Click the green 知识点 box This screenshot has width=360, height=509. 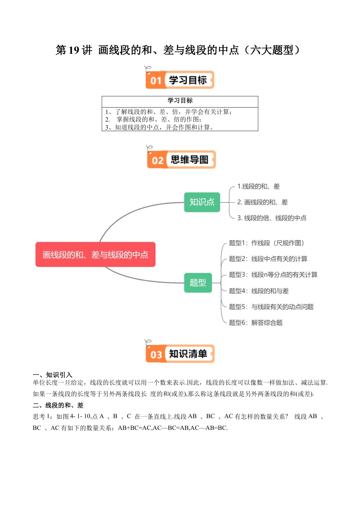[x=202, y=202]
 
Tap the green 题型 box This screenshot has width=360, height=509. [x=198, y=283]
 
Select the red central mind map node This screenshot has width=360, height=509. [x=95, y=254]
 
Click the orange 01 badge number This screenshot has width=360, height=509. [x=156, y=81]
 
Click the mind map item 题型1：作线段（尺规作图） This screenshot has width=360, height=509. [x=266, y=243]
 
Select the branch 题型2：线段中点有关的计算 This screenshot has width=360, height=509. [x=268, y=259]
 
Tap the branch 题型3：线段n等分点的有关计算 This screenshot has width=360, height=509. [x=273, y=275]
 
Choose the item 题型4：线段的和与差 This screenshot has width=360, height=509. [x=259, y=291]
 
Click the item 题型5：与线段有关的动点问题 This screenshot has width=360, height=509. [x=271, y=307]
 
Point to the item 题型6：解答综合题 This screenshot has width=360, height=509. [x=256, y=323]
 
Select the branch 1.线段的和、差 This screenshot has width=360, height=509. [x=258, y=186]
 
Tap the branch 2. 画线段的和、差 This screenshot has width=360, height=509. [x=263, y=202]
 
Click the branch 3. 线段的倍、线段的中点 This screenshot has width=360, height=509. [x=272, y=218]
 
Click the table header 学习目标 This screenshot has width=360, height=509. [x=180, y=101]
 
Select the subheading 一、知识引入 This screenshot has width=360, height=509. [x=52, y=375]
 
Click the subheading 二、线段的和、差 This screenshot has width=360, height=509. [x=58, y=405]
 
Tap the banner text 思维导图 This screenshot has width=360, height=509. [x=189, y=160]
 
